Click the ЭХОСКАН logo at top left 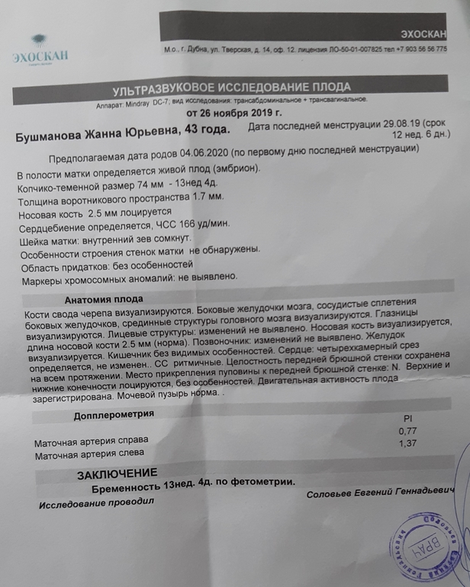[40, 50]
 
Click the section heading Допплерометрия [113, 415]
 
